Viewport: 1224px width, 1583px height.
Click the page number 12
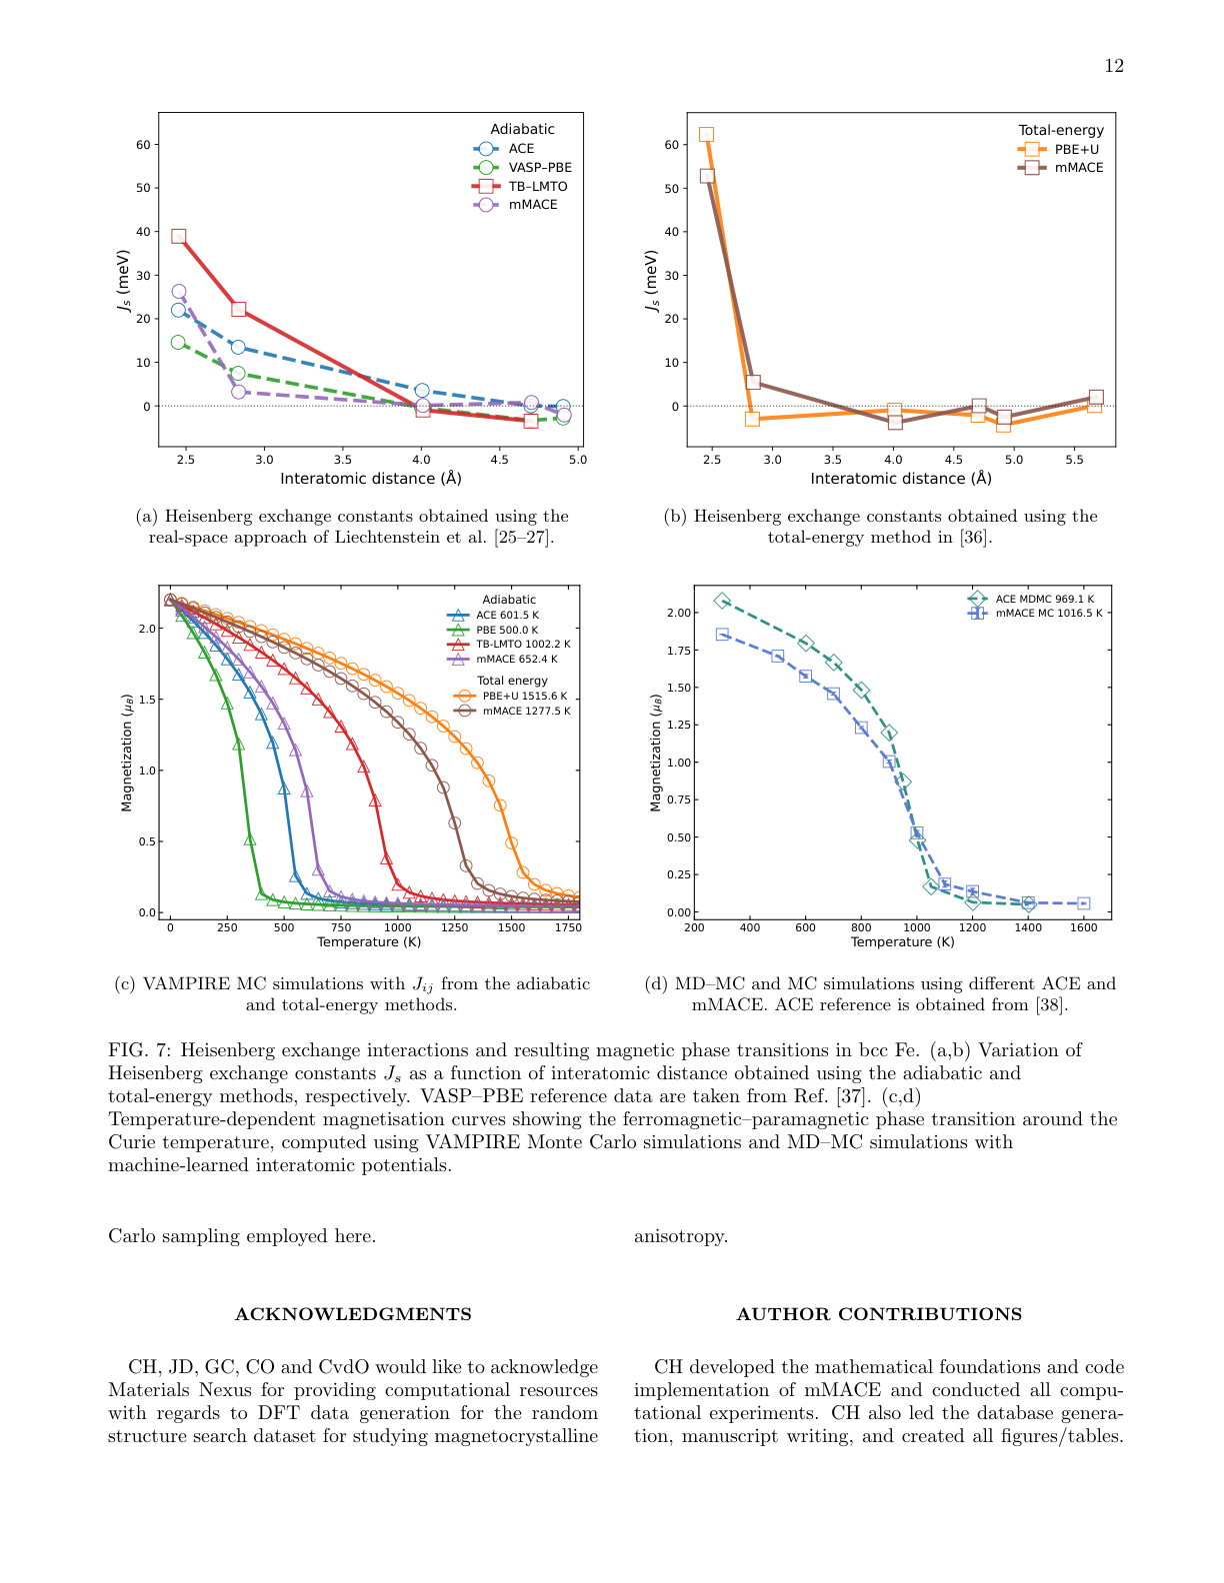click(1113, 66)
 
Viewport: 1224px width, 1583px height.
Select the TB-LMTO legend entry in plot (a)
click(537, 186)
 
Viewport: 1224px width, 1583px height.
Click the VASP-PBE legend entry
click(539, 167)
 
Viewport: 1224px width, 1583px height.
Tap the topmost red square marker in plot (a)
click(178, 236)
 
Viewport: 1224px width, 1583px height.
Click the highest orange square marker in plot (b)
click(706, 134)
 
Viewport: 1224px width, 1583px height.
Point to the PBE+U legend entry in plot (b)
click(1076, 149)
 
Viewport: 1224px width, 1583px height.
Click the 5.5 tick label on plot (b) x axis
click(1074, 460)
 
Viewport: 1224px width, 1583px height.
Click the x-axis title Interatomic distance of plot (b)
click(900, 479)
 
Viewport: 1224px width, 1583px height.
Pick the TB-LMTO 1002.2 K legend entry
click(522, 645)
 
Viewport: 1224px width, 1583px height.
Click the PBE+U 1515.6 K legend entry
click(524, 696)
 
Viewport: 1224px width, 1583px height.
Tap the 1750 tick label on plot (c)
click(567, 927)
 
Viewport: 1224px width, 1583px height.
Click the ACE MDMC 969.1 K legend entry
click(1044, 599)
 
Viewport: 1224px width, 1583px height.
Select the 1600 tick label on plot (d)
click(1083, 927)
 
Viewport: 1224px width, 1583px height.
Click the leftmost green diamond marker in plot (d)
click(722, 601)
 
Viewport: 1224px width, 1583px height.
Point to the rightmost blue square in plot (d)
click(1083, 903)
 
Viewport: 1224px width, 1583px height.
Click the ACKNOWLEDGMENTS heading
click(353, 1314)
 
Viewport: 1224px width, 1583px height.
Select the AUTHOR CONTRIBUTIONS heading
click(879, 1314)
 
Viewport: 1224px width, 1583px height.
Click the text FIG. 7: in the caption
click(140, 1050)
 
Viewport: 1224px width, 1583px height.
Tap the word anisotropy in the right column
click(680, 1236)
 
